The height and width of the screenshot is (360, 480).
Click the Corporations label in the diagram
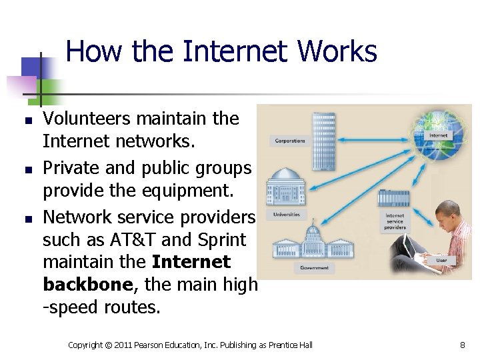[289, 141]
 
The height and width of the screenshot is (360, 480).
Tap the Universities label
[286, 215]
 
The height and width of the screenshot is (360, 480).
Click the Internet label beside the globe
[438, 135]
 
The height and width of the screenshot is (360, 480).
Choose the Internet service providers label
[395, 221]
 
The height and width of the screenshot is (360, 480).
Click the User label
[441, 259]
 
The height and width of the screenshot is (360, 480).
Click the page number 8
[462, 345]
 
